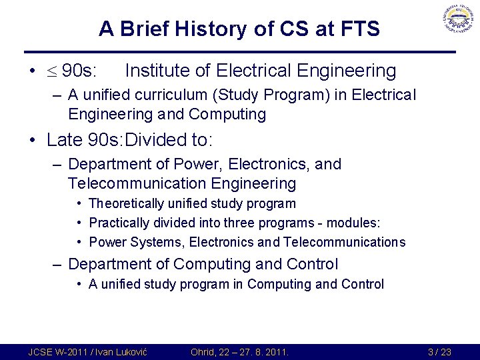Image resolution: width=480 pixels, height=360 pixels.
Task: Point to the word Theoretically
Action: point(128,203)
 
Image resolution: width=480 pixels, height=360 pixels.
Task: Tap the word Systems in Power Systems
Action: point(149,242)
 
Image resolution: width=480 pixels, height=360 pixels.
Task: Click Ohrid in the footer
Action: point(204,352)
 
